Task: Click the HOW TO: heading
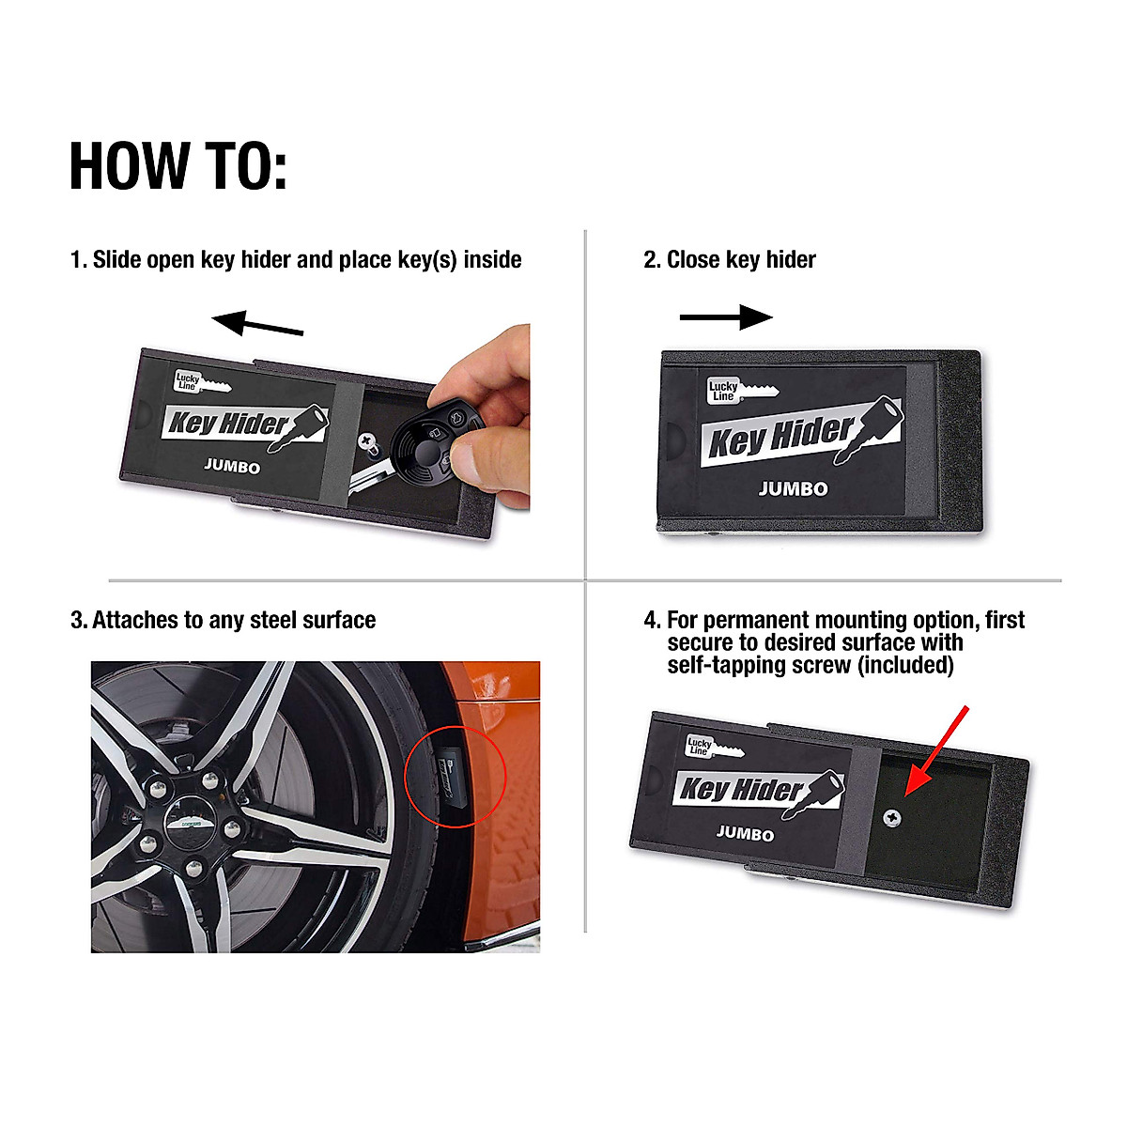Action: tap(178, 166)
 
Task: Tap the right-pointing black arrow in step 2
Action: tap(726, 317)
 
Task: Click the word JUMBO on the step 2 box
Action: tap(794, 488)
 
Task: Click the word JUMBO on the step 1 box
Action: tap(232, 467)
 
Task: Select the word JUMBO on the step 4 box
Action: tap(745, 833)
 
